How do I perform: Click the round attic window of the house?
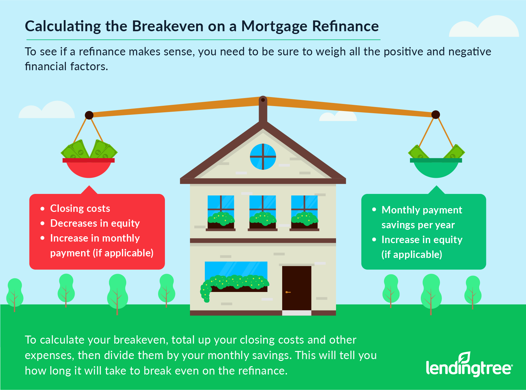coord(263,156)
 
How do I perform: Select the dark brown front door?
coord(296,288)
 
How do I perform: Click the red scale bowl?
coord(89,168)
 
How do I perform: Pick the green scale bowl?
coord(436,168)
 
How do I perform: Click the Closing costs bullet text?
coord(80,208)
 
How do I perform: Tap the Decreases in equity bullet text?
coord(95,223)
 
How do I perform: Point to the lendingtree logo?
coord(469,365)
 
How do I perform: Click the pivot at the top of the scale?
coord(263,100)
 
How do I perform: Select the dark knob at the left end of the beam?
coord(89,115)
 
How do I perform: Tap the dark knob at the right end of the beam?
coord(436,115)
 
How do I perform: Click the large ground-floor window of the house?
coord(236,276)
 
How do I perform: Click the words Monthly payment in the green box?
coord(422,210)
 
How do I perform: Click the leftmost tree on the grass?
coord(15,293)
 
